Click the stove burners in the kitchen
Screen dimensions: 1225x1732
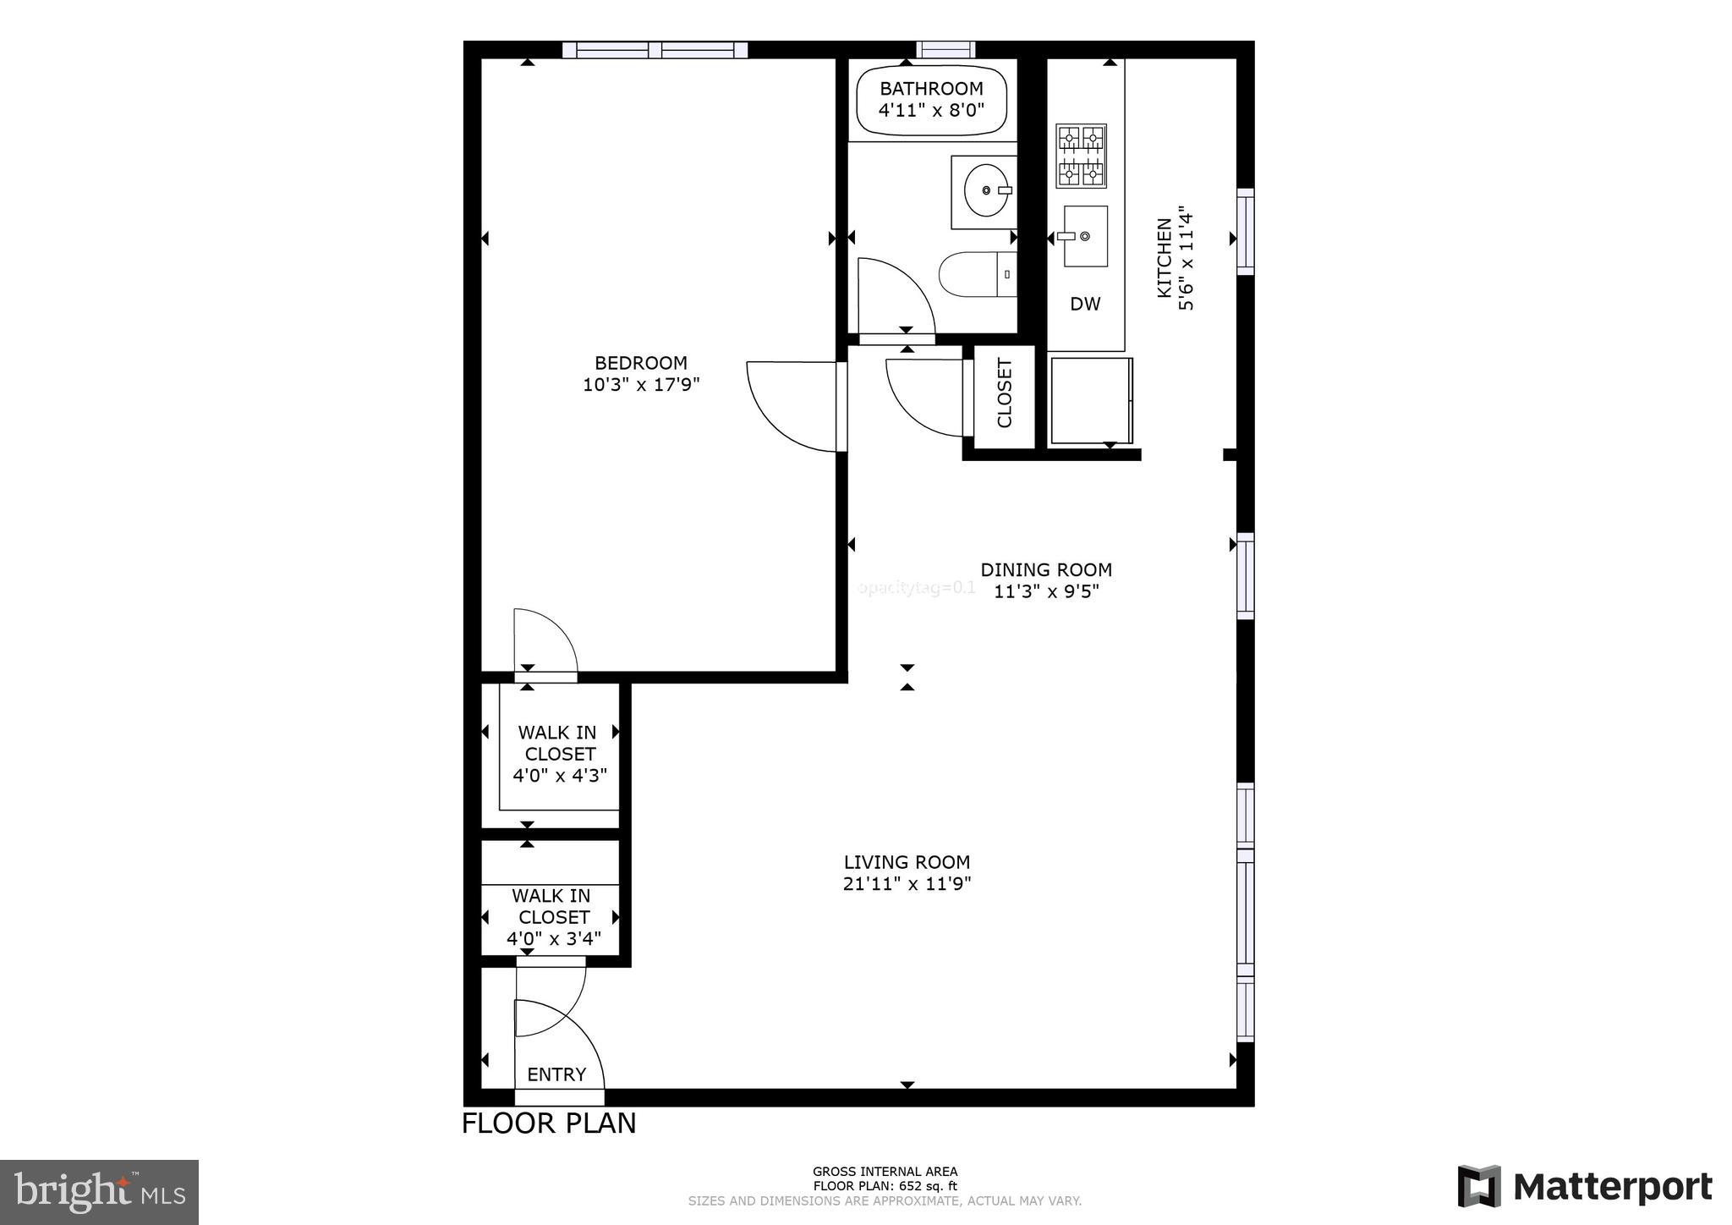coord(1082,157)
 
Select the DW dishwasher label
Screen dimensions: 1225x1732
coord(1085,304)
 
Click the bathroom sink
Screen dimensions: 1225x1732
coord(986,191)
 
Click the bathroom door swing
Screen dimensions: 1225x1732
coord(892,296)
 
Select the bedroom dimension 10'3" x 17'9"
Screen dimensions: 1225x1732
coord(641,385)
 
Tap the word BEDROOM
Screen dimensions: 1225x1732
coord(641,363)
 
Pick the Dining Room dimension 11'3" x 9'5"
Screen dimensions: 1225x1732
coord(1046,591)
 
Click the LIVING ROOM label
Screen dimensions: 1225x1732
coord(907,862)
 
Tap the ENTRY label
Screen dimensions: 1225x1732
coord(556,1074)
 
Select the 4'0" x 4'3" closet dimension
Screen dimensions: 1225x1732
coord(560,775)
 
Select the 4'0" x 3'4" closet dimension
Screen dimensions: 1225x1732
coord(554,938)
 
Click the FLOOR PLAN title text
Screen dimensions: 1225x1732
coord(549,1123)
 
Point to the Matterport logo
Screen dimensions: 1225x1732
coord(1585,1187)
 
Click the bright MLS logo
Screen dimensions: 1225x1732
coord(100,1193)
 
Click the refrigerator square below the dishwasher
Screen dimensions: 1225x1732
coord(1090,401)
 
